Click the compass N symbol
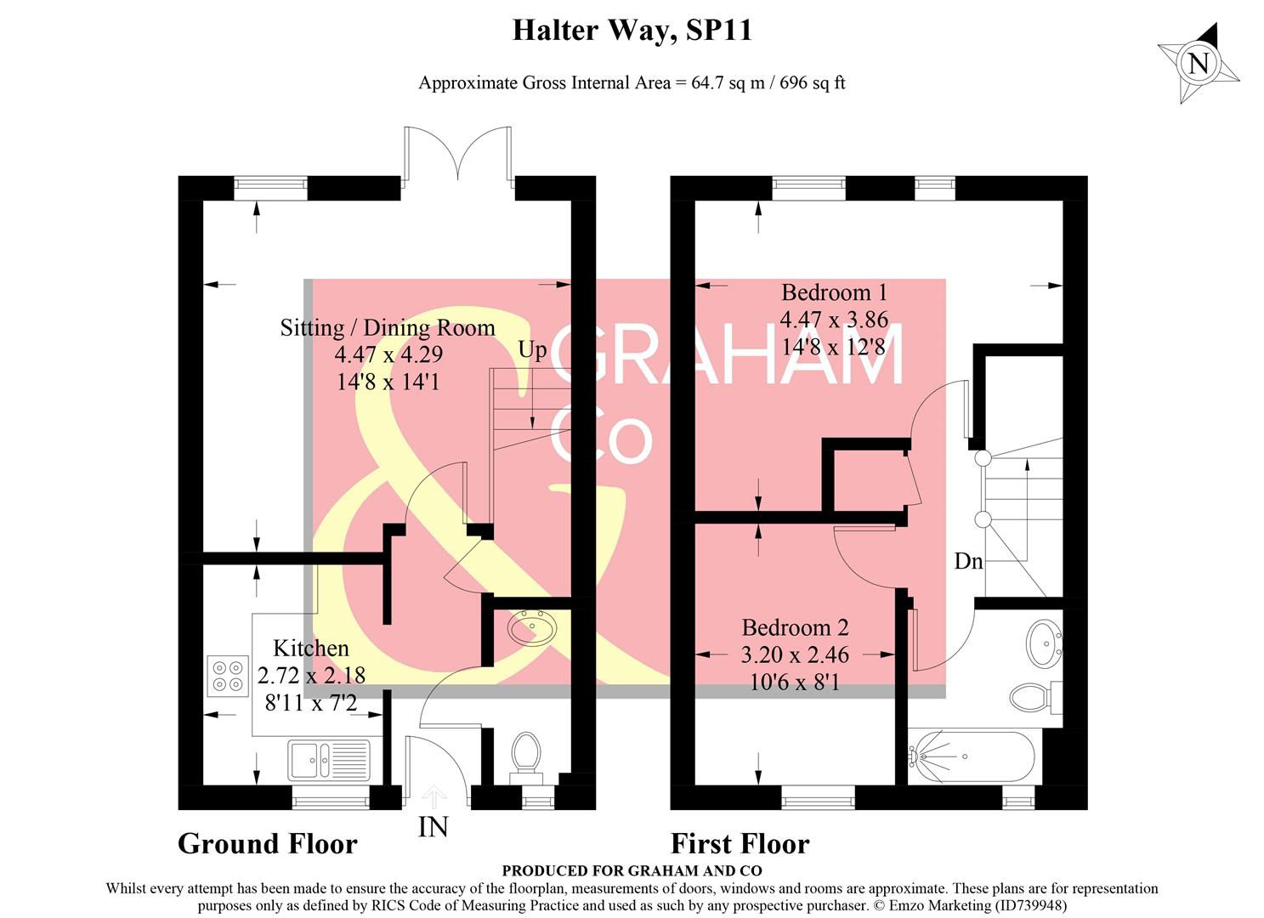1199,63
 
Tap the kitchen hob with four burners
228,676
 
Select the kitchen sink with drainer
329,759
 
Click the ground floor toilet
526,757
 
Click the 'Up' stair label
533,351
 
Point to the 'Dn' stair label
968,561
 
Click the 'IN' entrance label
433,827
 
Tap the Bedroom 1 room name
834,292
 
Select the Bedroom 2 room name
795,627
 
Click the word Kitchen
311,649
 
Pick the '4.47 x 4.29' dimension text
388,354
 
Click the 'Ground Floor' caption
268,844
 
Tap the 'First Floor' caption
740,844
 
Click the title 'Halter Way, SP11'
632,31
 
